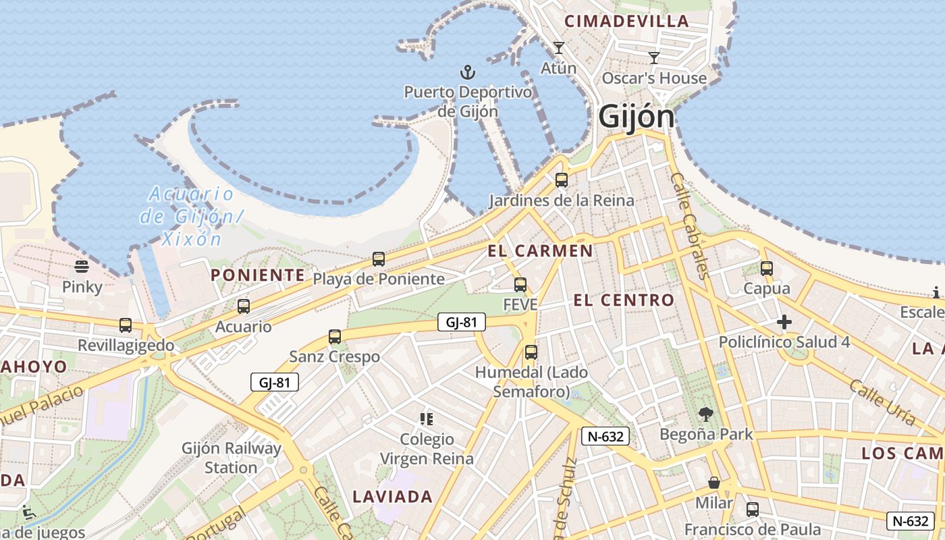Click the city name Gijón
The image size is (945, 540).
point(636,117)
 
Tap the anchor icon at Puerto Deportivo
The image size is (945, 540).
point(467,72)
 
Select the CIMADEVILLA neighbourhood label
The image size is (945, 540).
point(626,22)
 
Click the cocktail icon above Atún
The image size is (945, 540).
point(558,48)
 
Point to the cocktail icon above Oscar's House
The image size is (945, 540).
point(653,58)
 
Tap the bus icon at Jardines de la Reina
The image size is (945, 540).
point(561,180)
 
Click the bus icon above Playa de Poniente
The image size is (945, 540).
point(379,259)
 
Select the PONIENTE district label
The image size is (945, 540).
point(258,275)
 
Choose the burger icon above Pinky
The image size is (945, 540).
point(82,267)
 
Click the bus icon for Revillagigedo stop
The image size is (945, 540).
point(126,325)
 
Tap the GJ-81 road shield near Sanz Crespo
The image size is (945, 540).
point(461,323)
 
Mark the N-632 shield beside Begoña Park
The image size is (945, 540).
point(605,436)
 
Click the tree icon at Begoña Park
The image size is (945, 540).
point(706,414)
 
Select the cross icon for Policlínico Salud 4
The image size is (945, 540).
point(784,322)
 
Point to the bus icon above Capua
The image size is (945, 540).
point(766,268)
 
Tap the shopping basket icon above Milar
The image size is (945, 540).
point(714,483)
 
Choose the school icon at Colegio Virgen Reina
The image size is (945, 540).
point(426,419)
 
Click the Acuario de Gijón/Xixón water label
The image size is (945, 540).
point(191,216)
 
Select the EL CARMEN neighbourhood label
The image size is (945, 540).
point(540,251)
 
